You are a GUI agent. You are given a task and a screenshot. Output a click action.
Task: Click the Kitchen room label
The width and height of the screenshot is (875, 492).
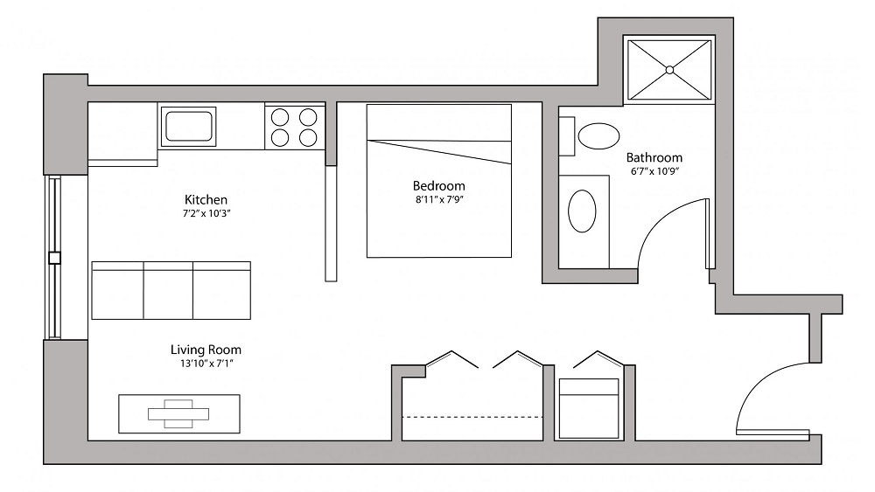pyautogui.click(x=206, y=199)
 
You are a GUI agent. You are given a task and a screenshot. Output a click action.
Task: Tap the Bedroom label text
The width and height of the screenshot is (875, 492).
pyautogui.click(x=438, y=185)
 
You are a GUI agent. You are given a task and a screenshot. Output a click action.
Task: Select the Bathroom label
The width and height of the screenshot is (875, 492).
pyautogui.click(x=654, y=157)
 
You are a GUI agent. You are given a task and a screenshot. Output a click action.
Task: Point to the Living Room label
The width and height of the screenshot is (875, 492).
pyautogui.click(x=206, y=350)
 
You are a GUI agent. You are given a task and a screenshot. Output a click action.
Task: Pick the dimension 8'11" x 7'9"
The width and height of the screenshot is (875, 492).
pyautogui.click(x=439, y=199)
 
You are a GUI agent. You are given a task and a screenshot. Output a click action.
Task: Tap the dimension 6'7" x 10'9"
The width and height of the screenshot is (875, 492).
pyautogui.click(x=654, y=171)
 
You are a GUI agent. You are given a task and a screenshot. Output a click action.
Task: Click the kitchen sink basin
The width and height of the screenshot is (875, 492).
pyautogui.click(x=188, y=127)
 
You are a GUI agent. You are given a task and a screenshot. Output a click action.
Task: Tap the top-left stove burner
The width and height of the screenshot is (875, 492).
pyautogui.click(x=280, y=118)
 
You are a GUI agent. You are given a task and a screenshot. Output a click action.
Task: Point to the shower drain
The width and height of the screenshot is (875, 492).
pyautogui.click(x=669, y=70)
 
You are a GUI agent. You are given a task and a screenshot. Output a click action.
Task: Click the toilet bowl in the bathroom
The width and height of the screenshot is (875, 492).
pyautogui.click(x=598, y=136)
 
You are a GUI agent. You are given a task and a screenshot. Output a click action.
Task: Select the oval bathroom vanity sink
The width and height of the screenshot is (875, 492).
pyautogui.click(x=582, y=211)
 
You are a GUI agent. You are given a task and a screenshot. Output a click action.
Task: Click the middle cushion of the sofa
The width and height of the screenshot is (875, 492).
pyautogui.click(x=169, y=290)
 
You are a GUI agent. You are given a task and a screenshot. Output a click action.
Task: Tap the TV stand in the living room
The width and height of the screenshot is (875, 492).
pyautogui.click(x=179, y=414)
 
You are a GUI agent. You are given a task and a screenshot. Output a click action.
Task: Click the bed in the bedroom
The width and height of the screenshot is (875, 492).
pyautogui.click(x=439, y=181)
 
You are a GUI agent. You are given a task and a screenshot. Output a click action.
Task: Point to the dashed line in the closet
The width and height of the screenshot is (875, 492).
pyautogui.click(x=472, y=417)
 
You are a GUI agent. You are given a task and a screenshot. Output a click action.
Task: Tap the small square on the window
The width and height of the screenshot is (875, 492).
pyautogui.click(x=54, y=258)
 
